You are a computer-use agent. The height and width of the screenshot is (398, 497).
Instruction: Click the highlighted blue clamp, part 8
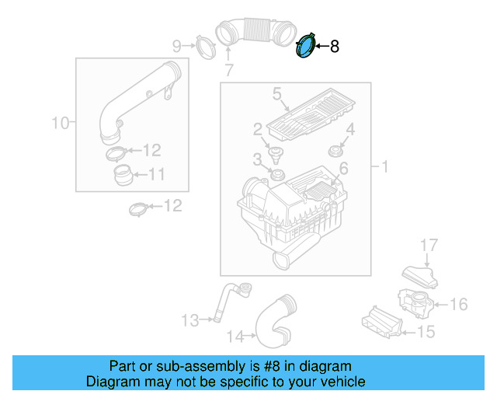pyautogui.click(x=307, y=45)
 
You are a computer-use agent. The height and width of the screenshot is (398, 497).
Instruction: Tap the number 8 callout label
pyautogui.click(x=335, y=47)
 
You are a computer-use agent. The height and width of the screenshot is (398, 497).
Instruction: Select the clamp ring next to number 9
pyautogui.click(x=204, y=46)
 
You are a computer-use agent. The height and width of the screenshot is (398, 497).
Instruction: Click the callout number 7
pyautogui.click(x=228, y=71)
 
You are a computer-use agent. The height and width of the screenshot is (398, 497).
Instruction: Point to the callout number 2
pyautogui.click(x=257, y=129)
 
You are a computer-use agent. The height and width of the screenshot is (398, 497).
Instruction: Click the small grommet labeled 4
pyautogui.click(x=336, y=149)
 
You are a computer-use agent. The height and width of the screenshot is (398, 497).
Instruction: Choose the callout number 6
pyautogui.click(x=342, y=168)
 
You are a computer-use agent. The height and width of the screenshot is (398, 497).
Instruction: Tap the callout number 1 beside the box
pyautogui.click(x=383, y=166)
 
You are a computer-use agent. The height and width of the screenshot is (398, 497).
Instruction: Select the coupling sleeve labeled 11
pyautogui.click(x=121, y=174)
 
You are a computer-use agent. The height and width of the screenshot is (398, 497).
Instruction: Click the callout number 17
pyautogui.click(x=429, y=246)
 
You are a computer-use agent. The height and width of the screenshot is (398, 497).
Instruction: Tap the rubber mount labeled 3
pyautogui.click(x=275, y=172)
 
